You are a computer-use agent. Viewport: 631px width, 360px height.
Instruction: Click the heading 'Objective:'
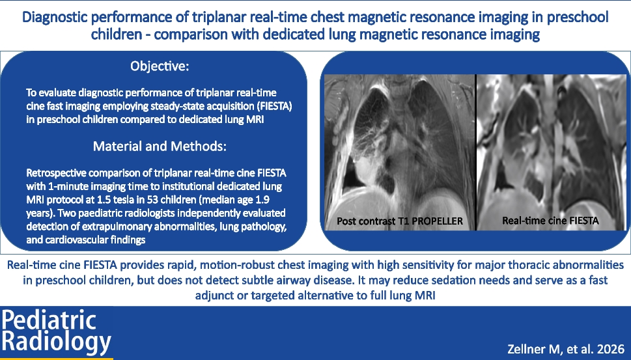coord(160,66)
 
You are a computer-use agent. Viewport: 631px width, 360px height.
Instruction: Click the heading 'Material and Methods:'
coord(160,146)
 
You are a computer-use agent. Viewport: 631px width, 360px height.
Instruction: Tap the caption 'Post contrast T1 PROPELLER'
coord(399,221)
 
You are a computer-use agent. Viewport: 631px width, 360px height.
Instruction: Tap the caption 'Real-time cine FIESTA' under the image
coord(550,221)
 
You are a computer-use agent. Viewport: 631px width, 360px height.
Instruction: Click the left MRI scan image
coord(399,150)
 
